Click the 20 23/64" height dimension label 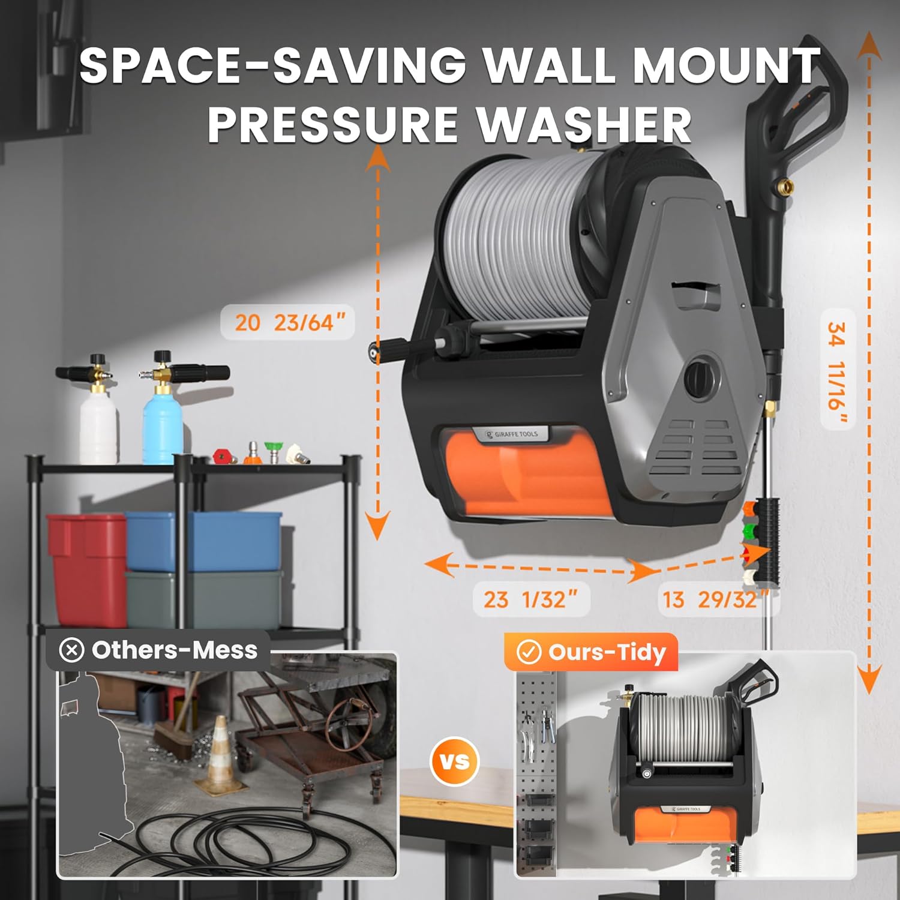[x=287, y=323]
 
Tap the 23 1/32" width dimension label [x=530, y=599]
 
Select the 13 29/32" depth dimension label [x=714, y=599]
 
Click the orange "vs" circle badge [x=455, y=761]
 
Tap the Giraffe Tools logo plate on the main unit [x=513, y=434]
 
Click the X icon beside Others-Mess [x=72, y=650]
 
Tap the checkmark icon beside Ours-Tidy [x=529, y=652]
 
